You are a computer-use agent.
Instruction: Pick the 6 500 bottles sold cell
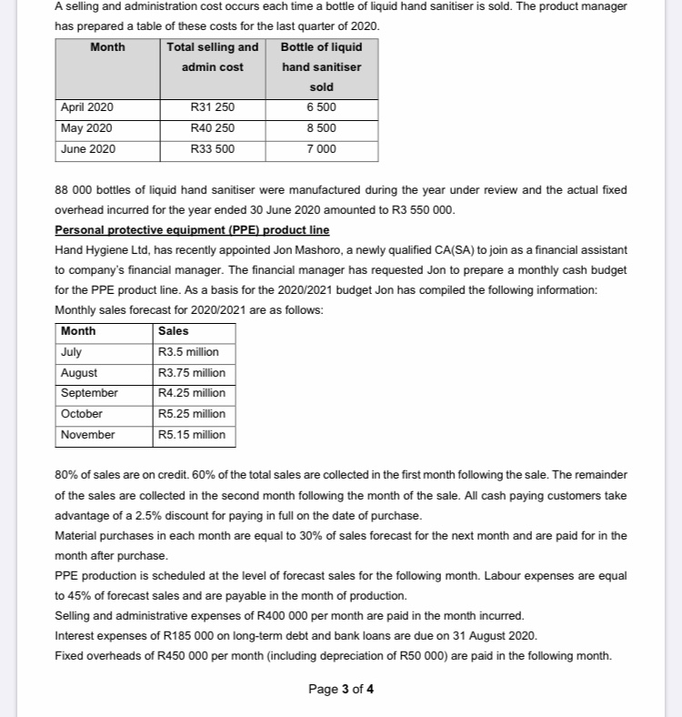point(321,107)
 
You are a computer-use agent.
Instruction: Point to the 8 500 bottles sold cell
point(321,128)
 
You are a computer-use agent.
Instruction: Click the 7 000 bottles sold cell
point(321,149)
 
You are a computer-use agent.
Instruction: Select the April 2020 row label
point(87,107)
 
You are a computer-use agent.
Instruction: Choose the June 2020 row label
point(87,149)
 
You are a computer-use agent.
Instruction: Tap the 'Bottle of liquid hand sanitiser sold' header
point(321,66)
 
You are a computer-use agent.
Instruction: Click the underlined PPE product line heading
point(192,229)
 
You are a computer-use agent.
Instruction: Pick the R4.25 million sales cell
point(192,393)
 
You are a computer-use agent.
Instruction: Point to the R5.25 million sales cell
point(192,414)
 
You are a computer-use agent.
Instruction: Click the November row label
point(87,435)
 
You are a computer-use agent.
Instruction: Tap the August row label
point(79,373)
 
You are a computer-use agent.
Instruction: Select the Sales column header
point(174,331)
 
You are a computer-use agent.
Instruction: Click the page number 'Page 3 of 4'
point(341,689)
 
